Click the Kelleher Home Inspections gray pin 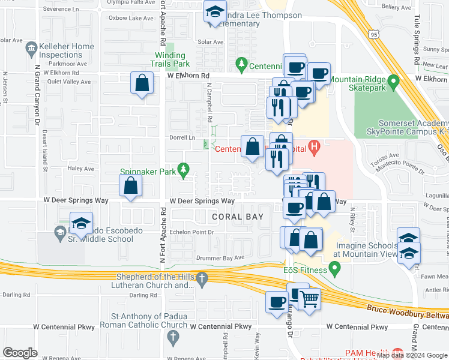coord(32,47)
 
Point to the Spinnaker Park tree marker coord(184,172)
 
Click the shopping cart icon coord(309,298)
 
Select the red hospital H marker coord(312,146)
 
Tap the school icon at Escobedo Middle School coord(82,224)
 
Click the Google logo coord(20,353)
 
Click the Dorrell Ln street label coord(184,137)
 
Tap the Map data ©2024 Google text coord(412,355)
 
